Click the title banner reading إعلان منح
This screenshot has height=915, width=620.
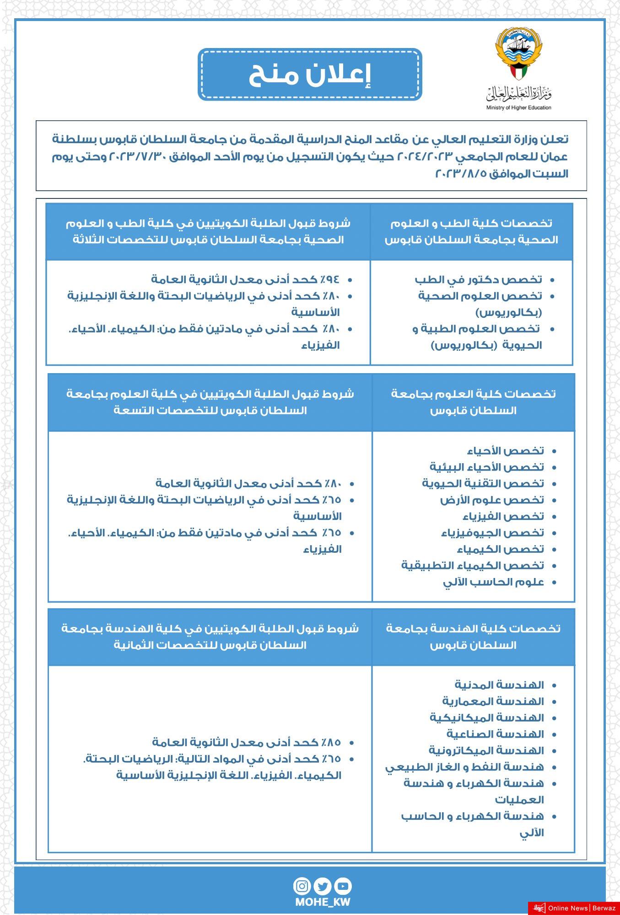click(x=310, y=75)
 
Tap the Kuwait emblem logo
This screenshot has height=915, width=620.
click(x=518, y=54)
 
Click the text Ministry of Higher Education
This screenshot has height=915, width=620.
click(x=518, y=108)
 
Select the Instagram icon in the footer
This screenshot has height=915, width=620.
click(x=302, y=886)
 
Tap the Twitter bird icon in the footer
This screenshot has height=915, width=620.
click(x=323, y=886)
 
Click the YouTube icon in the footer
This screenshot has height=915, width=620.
click(x=343, y=886)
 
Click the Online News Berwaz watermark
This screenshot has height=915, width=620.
click(x=574, y=908)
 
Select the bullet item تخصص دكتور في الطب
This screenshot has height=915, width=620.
click(x=478, y=279)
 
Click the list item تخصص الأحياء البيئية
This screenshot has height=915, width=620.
click(x=487, y=467)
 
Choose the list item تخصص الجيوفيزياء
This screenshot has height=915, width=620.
click(x=492, y=533)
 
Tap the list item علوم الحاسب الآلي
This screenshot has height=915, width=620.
click(x=493, y=582)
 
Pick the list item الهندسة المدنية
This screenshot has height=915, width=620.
click(x=499, y=685)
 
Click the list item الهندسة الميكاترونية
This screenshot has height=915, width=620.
click(x=486, y=750)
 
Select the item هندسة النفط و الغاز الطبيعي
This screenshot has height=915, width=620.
click(x=464, y=767)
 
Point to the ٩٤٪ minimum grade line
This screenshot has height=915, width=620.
click(x=245, y=279)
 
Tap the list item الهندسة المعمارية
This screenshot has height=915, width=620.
click(x=493, y=701)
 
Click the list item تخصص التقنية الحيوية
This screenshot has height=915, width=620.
click(x=483, y=483)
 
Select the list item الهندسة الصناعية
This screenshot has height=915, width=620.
click(x=495, y=734)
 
